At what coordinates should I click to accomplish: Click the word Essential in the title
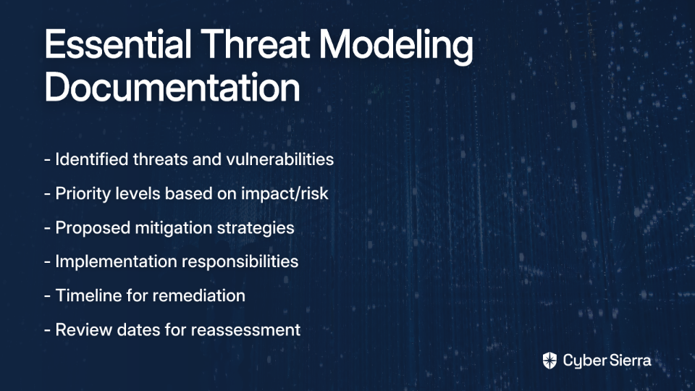(118, 44)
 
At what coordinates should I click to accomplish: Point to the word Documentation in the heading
(172, 87)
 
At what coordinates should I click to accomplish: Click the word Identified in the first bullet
(92, 159)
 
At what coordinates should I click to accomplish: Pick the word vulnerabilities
(279, 159)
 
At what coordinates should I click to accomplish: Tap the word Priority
(83, 194)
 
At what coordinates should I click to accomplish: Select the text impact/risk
(285, 194)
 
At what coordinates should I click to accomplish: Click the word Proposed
(93, 228)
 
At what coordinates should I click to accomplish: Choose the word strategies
(256, 228)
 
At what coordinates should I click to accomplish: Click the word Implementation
(116, 261)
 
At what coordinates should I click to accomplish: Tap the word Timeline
(88, 295)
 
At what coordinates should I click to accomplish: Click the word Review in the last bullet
(84, 330)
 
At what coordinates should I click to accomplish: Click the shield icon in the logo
(549, 361)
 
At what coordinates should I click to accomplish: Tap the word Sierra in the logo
(629, 360)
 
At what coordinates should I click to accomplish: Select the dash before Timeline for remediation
(48, 296)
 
